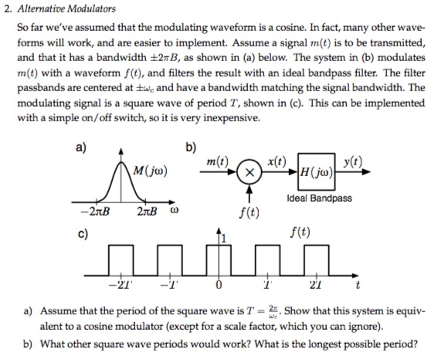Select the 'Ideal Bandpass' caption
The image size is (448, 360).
point(318,199)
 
